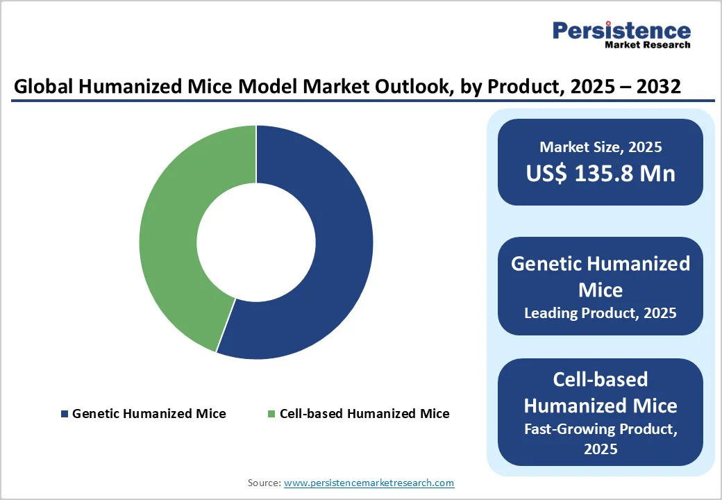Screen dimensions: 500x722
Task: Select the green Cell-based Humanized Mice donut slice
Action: pos(170,229)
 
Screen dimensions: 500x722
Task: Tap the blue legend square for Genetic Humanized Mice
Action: pos(65,414)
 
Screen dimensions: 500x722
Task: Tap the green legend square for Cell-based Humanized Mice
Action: pos(272,414)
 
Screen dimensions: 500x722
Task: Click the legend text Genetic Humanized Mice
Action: pos(149,414)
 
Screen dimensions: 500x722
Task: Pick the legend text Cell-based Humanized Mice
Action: pos(364,414)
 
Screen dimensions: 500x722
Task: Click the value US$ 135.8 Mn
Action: pos(601,173)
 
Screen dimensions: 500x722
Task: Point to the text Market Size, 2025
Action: pos(601,147)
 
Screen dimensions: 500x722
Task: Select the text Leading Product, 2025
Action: pos(601,313)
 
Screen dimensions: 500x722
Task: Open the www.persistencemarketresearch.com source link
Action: pos(369,483)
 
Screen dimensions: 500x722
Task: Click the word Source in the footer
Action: pos(265,483)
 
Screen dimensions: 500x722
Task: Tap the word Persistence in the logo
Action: pos(621,31)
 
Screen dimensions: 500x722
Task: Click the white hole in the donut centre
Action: pos(255,242)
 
